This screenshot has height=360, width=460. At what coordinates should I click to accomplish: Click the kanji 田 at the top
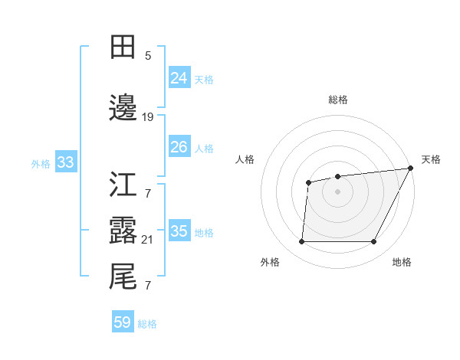point(123,47)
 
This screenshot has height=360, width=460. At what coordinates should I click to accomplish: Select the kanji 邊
point(123,108)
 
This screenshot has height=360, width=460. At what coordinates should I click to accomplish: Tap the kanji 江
point(123,185)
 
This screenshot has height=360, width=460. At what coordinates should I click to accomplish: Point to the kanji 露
point(123,230)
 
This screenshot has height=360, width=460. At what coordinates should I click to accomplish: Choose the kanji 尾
point(123,277)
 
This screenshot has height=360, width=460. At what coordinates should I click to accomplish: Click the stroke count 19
point(148,117)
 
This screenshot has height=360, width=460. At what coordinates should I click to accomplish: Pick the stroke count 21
point(148,239)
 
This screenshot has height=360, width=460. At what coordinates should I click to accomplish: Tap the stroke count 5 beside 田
point(148,56)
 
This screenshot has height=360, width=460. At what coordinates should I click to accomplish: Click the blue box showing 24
point(179,78)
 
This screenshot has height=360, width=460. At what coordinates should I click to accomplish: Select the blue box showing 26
point(179,147)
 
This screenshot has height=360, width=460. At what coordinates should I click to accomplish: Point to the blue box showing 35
point(179,231)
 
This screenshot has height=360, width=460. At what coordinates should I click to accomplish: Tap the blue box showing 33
point(65,162)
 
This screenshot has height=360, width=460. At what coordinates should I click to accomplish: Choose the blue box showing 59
point(123,322)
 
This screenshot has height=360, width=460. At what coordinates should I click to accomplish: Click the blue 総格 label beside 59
point(147,324)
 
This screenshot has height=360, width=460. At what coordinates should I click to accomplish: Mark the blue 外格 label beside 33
point(41,163)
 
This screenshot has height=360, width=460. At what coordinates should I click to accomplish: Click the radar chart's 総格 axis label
point(337,100)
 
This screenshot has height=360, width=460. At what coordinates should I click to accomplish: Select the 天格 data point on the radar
point(410,169)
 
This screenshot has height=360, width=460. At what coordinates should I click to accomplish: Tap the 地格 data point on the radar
point(373,242)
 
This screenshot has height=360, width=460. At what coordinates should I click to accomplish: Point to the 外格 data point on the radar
point(301,242)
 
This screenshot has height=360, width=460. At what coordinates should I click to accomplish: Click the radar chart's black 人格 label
point(245,159)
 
